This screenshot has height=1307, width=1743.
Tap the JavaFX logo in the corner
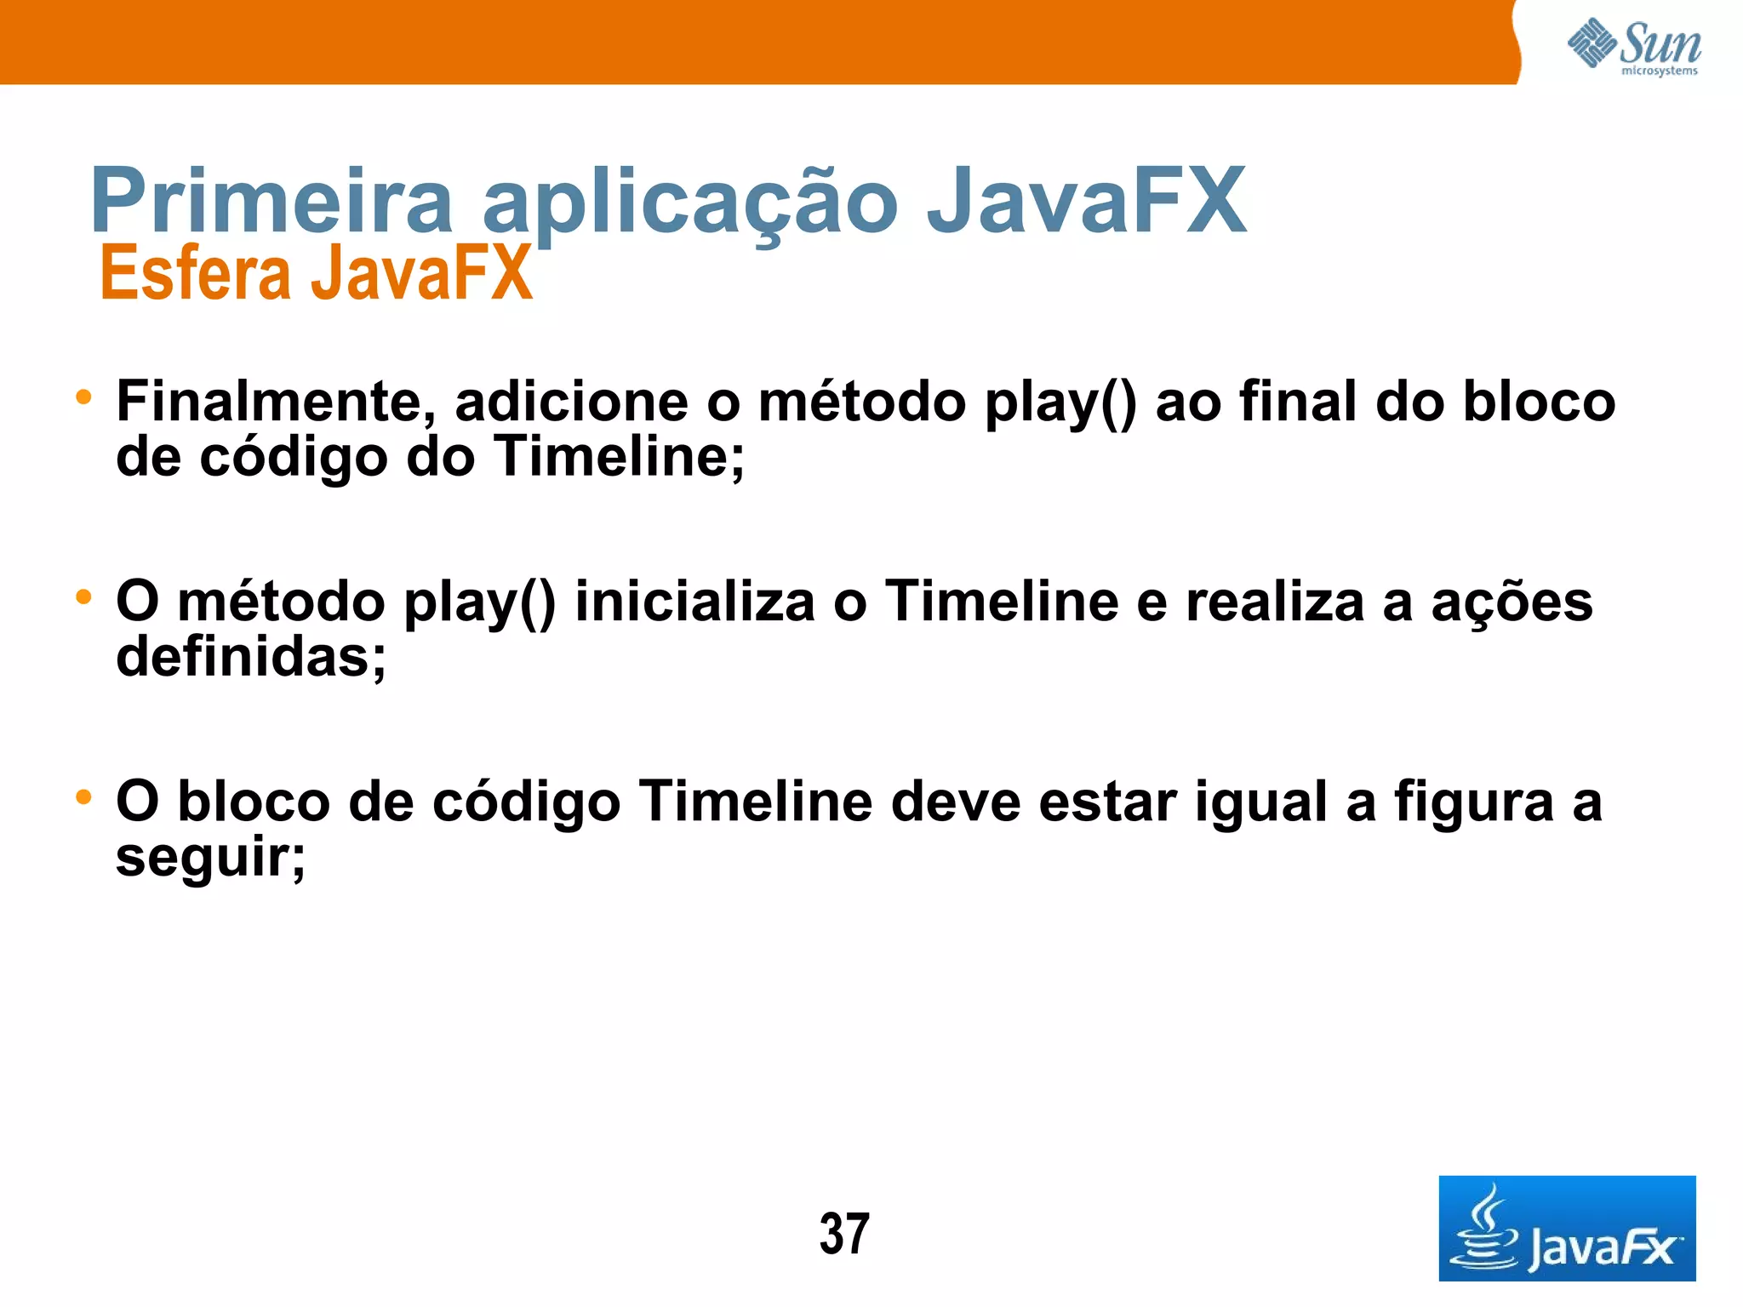coord(1566,1228)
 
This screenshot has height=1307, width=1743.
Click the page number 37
coord(844,1234)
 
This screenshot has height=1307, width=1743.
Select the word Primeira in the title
coord(271,201)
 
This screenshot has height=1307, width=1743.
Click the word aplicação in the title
coord(690,203)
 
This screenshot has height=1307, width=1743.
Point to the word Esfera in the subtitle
coord(195,273)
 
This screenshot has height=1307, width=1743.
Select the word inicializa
coord(694,602)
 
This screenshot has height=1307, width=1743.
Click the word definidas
coord(251,657)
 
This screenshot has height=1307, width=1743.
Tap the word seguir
coord(210,858)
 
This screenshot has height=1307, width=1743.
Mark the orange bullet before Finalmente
coord(83,397)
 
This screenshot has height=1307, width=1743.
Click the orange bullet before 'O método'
coord(83,596)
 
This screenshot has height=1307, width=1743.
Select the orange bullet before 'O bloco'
coord(83,797)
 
